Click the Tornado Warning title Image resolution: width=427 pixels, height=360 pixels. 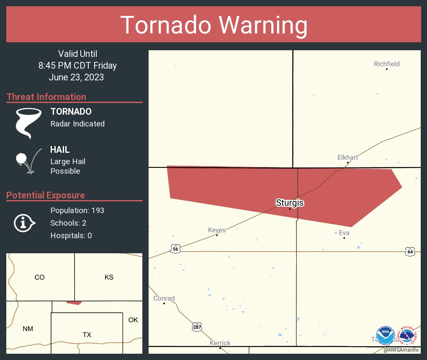[213, 25]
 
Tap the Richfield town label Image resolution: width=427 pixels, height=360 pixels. [386, 64]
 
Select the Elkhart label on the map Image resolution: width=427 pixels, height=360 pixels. [347, 157]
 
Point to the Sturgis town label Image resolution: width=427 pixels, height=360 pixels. [290, 203]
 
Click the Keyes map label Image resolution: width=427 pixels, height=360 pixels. [216, 230]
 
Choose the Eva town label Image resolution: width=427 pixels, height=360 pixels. [344, 233]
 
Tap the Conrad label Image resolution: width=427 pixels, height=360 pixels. [164, 298]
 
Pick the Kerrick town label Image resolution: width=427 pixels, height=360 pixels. [220, 343]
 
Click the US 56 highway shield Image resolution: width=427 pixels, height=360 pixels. [175, 249]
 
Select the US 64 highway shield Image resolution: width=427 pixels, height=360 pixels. [410, 252]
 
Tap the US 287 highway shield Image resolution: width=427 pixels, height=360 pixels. [197, 327]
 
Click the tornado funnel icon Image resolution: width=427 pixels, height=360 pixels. [28, 123]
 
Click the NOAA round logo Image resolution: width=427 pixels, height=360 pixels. [385, 336]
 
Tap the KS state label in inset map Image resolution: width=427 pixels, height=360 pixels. [109, 277]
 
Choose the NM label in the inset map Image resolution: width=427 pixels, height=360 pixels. [28, 329]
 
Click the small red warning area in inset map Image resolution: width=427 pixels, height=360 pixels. [74, 302]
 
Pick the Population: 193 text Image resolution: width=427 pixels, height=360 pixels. [77, 210]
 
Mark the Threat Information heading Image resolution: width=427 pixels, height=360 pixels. [46, 97]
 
